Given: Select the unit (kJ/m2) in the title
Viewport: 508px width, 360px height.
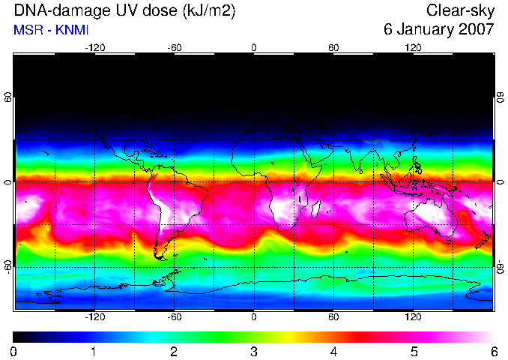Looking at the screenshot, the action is pyautogui.click(x=209, y=11).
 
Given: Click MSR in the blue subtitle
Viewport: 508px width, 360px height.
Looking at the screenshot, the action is pyautogui.click(x=28, y=30).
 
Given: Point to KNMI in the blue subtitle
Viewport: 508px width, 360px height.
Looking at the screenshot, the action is pyautogui.click(x=72, y=30).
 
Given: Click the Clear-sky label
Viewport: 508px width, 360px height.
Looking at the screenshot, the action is pyautogui.click(x=460, y=10).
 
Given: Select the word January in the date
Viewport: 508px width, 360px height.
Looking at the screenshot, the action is pyautogui.click(x=426, y=29).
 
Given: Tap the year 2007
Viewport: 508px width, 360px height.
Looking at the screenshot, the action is pyautogui.click(x=477, y=29).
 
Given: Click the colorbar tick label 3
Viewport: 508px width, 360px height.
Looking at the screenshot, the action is pyautogui.click(x=254, y=352).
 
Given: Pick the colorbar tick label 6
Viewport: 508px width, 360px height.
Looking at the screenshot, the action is pyautogui.click(x=494, y=352).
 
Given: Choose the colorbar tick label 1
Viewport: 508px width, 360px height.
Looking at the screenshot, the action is pyautogui.click(x=94, y=352).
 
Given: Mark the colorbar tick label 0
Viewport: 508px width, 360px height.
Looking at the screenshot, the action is pyautogui.click(x=13, y=352).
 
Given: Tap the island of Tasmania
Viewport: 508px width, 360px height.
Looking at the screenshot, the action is pyautogui.click(x=448, y=241).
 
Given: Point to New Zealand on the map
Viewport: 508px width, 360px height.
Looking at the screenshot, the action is pyautogui.click(x=483, y=240).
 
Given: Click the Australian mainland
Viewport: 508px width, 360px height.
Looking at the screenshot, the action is pyautogui.click(x=431, y=217).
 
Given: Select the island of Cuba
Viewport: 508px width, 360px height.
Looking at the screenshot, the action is pyautogui.click(x=151, y=151).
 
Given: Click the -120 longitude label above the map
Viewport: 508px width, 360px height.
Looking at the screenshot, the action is pyautogui.click(x=95, y=48).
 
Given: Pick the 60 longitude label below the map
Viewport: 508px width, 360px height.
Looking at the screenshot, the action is pyautogui.click(x=333, y=316).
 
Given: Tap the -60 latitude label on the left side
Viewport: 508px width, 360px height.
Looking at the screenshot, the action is pyautogui.click(x=8, y=267).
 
